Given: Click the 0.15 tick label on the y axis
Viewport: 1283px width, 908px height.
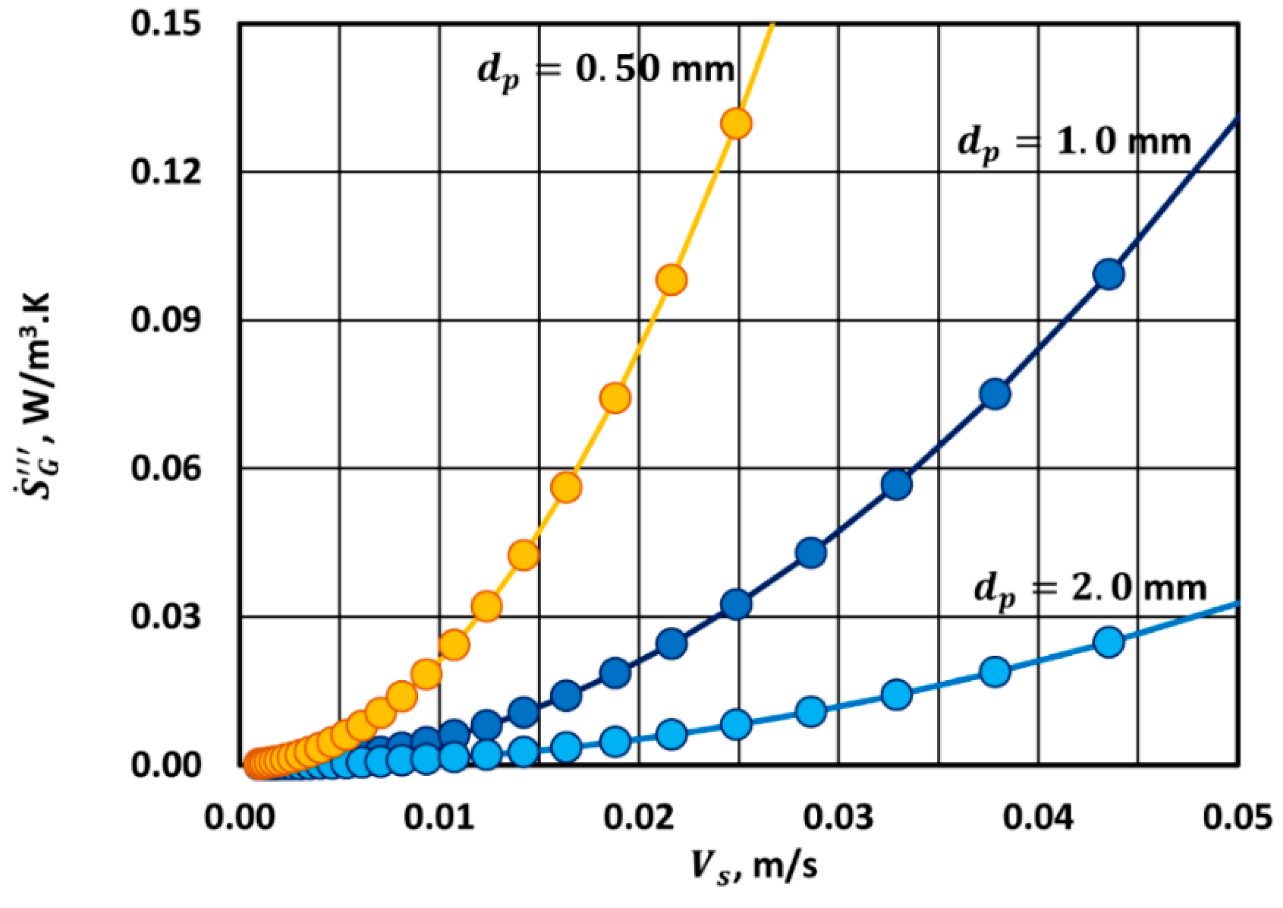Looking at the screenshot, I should [166, 26].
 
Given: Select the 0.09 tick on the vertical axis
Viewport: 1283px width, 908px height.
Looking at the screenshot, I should [166, 320].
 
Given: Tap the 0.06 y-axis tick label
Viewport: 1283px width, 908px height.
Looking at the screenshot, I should [166, 468].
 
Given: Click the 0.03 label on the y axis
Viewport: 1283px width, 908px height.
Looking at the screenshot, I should [166, 617].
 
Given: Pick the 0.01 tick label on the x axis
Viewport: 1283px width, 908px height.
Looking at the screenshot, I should [439, 818].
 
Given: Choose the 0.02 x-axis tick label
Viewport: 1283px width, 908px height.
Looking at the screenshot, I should [639, 818].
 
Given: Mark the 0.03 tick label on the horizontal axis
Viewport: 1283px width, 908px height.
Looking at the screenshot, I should [839, 818].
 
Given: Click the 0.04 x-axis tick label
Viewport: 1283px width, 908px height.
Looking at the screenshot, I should [1038, 818].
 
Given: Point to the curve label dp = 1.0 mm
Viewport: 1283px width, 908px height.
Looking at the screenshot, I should [1073, 143].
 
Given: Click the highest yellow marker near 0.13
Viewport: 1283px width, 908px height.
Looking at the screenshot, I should [736, 124].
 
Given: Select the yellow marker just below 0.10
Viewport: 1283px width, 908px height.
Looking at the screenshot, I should [671, 280].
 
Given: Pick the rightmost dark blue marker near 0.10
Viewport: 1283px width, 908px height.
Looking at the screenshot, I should [1109, 274].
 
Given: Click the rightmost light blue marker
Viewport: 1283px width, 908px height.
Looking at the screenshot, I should [1109, 642].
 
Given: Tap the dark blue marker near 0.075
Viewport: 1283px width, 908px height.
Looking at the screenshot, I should [995, 394].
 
